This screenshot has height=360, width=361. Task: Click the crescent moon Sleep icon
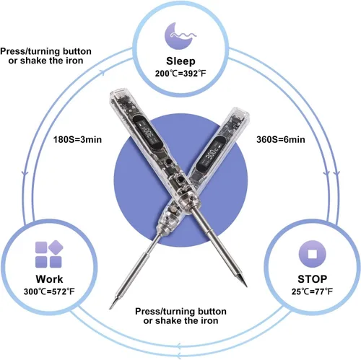[x=179, y=36]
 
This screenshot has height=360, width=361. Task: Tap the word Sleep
[x=180, y=61]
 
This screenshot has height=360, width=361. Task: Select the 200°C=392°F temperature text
[x=180, y=74]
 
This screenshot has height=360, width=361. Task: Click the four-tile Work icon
[x=49, y=254]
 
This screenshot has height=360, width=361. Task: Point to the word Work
[x=49, y=279]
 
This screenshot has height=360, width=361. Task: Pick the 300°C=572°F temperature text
[x=49, y=291]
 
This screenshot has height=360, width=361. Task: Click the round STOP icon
[x=312, y=254]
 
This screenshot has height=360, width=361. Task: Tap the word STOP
[x=313, y=279]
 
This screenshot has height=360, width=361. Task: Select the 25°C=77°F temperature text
[x=312, y=291]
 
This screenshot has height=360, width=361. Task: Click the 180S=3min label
[x=77, y=139]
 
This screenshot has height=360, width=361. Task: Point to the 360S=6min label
[x=281, y=139]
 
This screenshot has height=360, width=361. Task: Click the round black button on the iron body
[x=180, y=180]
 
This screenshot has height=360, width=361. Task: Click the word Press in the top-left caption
[x=12, y=51]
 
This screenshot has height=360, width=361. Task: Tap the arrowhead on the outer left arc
[x=25, y=173]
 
